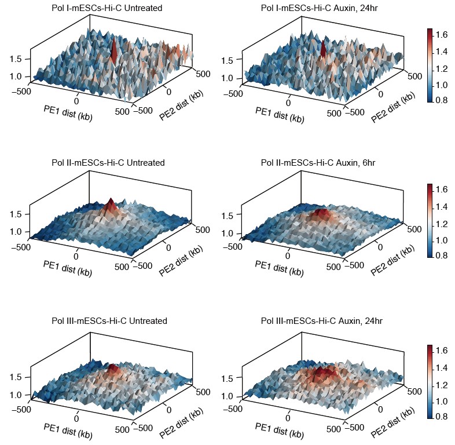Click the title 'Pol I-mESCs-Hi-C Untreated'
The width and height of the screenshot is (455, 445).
[107, 8]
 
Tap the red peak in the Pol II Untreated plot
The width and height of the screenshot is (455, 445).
[110, 205]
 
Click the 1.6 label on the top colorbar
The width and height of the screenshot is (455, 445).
[443, 35]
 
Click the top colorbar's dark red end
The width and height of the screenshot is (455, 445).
[430, 31]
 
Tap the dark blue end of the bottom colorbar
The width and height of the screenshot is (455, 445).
[430, 415]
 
